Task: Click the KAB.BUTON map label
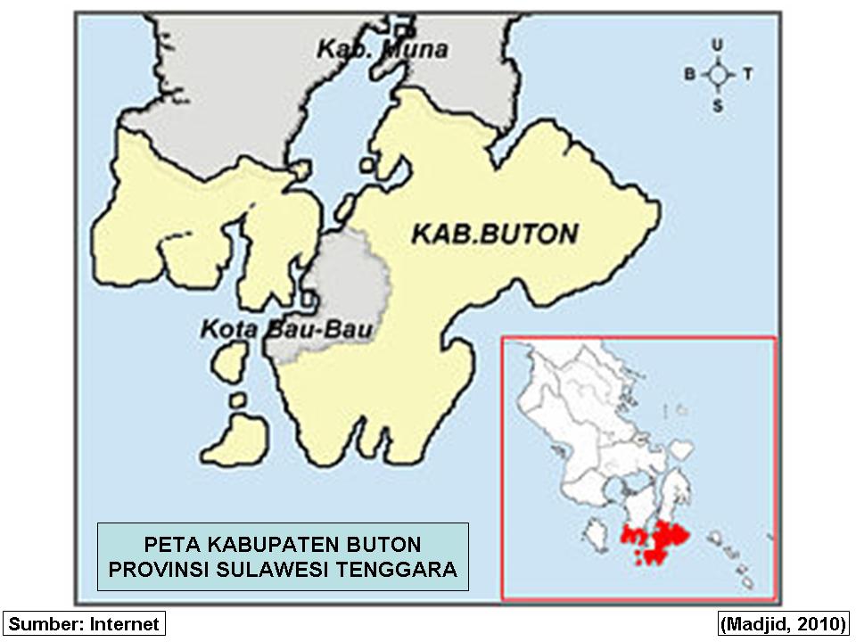[494, 235]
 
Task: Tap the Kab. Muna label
[382, 50]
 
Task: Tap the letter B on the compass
[688, 75]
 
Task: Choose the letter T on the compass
[747, 75]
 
